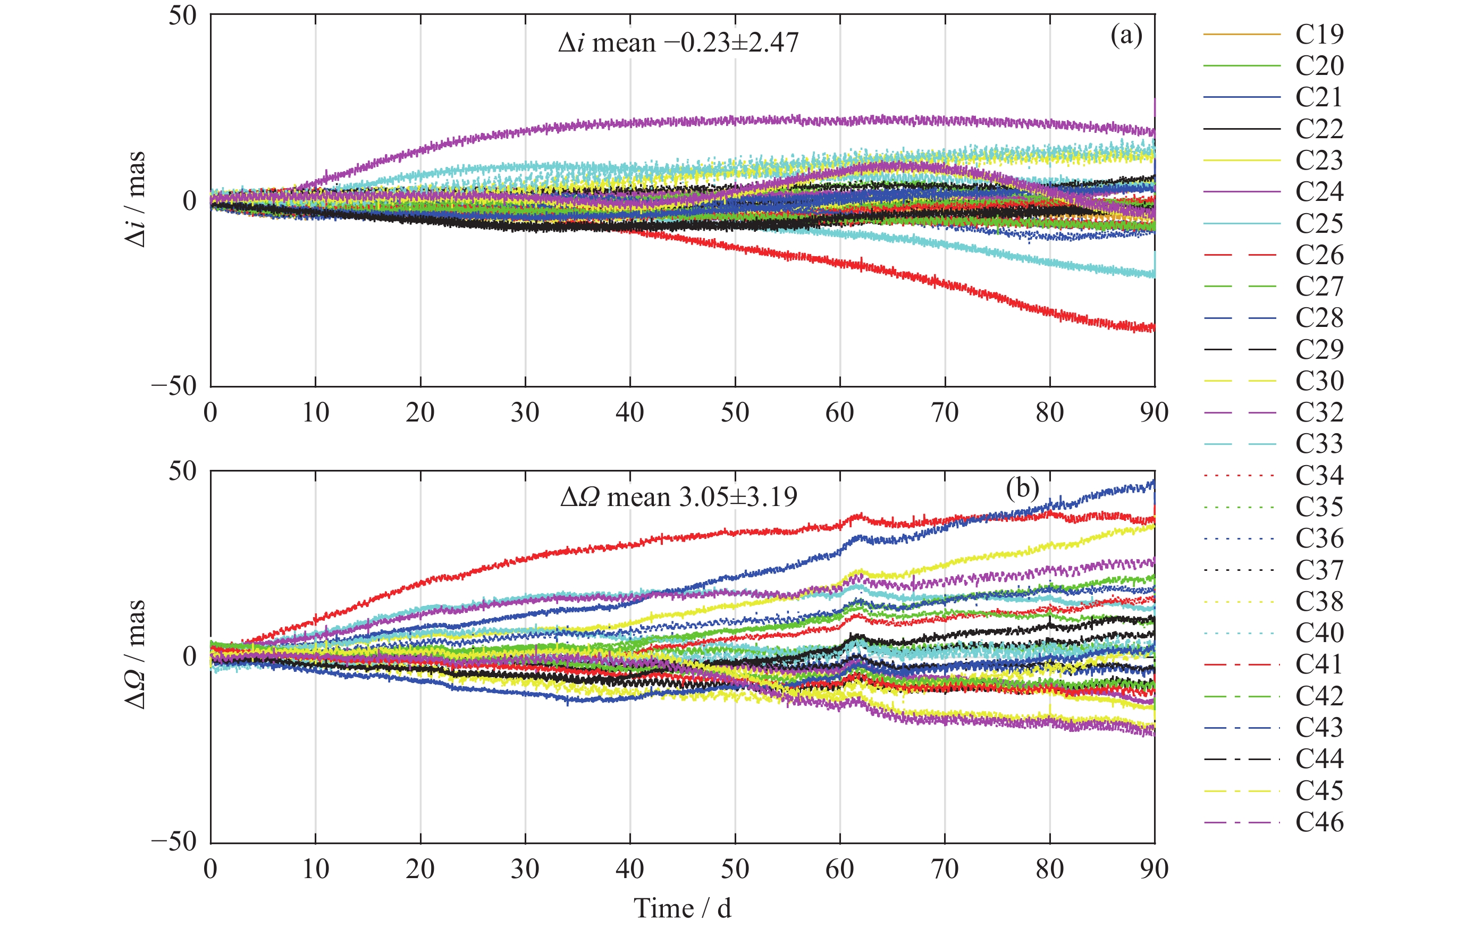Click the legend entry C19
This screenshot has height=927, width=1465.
(1319, 34)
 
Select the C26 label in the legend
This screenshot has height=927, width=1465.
(1319, 255)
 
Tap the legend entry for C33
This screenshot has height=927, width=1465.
(1319, 443)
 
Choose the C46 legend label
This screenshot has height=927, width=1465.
(1319, 822)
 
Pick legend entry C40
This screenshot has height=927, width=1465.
(1319, 633)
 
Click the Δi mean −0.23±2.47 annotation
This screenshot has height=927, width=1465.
(678, 43)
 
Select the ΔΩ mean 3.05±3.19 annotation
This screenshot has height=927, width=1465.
(678, 497)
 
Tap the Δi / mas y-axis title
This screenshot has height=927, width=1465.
(135, 199)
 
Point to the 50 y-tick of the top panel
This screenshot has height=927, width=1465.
(182, 15)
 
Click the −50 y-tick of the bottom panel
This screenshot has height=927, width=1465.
(174, 842)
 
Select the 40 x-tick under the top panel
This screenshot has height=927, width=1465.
(630, 413)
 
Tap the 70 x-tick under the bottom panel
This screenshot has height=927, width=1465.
(945, 869)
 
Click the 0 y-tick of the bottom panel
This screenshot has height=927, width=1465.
(190, 656)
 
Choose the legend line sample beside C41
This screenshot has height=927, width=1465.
(1241, 664)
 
